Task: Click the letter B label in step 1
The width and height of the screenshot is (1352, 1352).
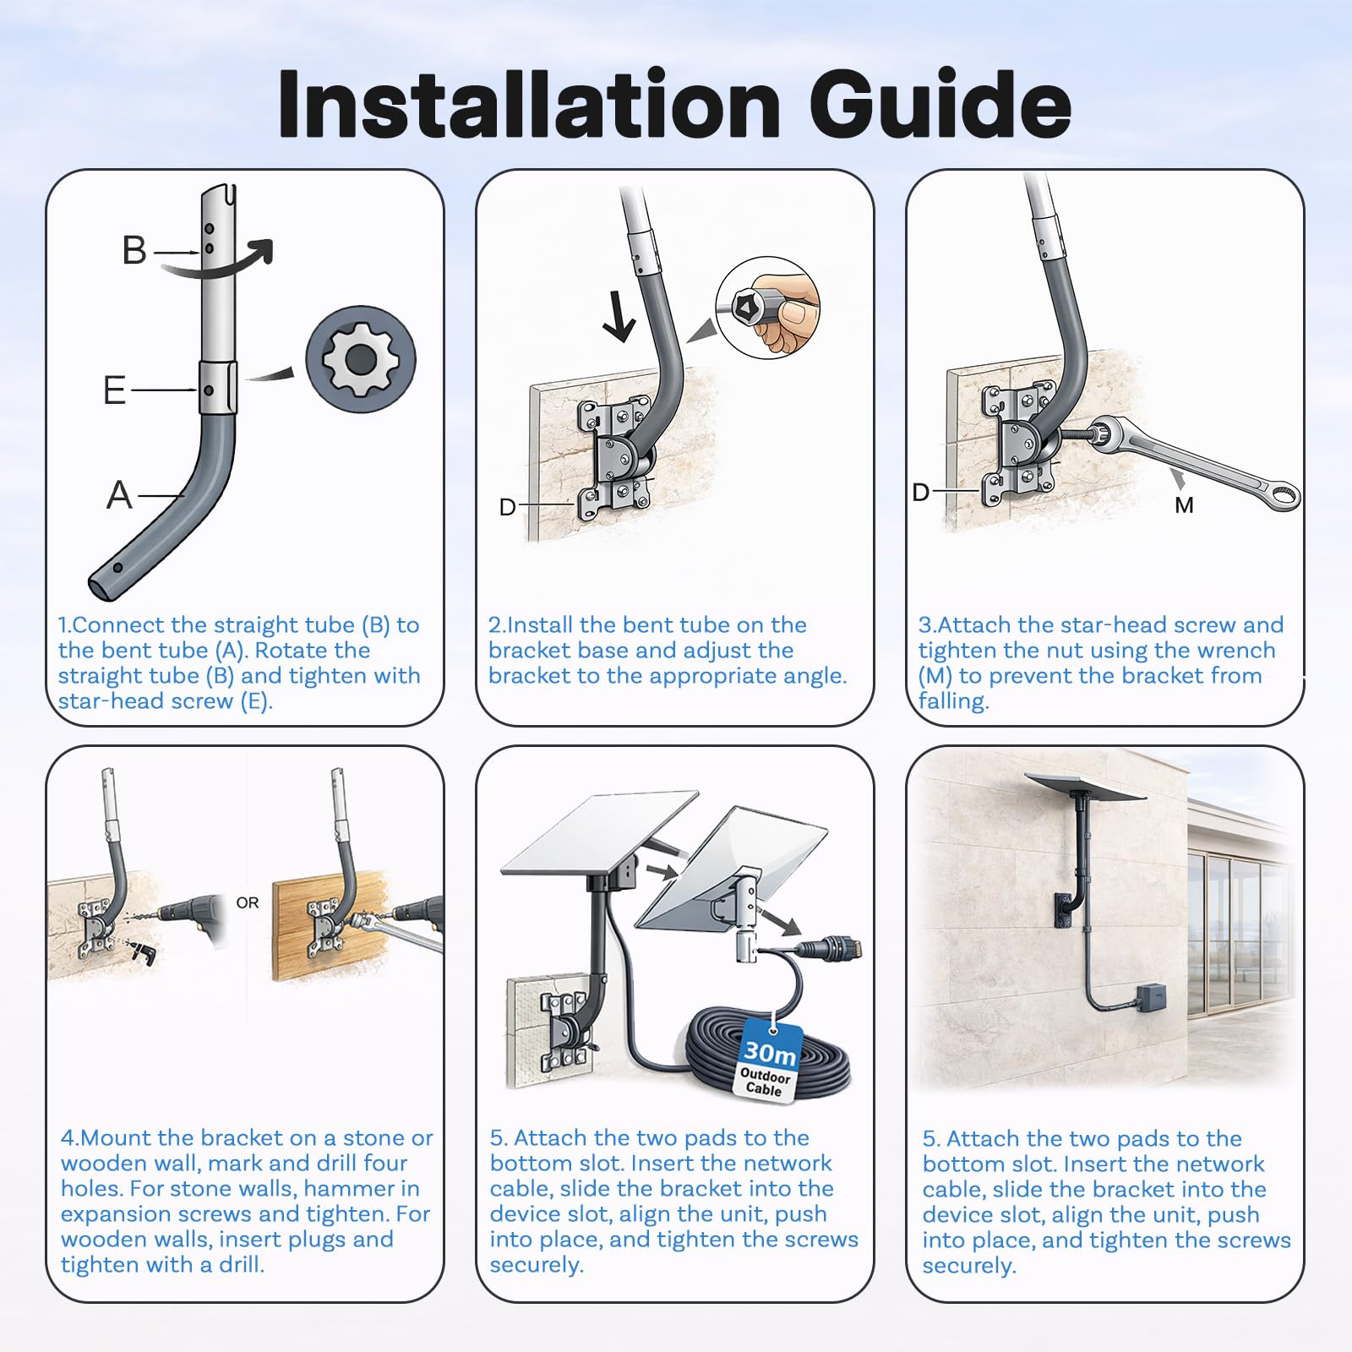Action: [x=134, y=250]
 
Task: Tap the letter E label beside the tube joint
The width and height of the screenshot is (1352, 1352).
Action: [x=114, y=390]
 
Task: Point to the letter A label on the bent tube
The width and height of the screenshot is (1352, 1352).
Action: [x=119, y=495]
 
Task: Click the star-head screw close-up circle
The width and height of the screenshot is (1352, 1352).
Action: [x=361, y=359]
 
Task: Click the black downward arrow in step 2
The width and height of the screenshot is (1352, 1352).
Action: [x=619, y=319]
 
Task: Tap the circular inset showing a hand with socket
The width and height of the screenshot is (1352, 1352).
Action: [x=767, y=308]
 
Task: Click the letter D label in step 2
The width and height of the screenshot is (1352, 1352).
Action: [x=507, y=507]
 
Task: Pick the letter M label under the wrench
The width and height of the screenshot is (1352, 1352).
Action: [x=1184, y=505]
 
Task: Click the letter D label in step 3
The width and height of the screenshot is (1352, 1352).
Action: [x=921, y=492]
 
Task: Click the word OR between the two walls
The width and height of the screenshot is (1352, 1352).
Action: [x=248, y=903]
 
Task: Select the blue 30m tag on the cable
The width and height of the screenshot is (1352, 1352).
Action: [x=770, y=1061]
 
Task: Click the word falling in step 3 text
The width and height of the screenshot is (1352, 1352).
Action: [x=953, y=701]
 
